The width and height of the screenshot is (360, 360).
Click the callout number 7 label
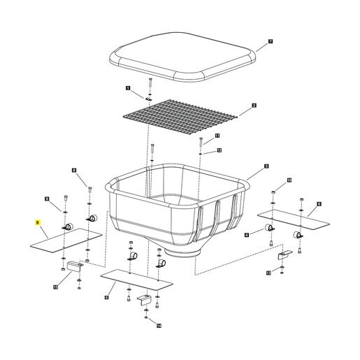(271, 41)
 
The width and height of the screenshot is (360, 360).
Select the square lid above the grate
(182, 57)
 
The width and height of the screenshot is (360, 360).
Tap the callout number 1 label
(128, 88)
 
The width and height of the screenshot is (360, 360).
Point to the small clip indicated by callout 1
(149, 99)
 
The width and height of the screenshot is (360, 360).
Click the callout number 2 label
(254, 106)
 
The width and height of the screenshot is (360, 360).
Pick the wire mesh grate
(180, 117)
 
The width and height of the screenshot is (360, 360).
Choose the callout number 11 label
(217, 136)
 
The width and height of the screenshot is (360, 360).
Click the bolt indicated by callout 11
(201, 143)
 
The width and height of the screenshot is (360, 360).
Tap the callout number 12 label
(219, 150)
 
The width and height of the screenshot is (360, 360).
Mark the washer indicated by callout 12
(201, 153)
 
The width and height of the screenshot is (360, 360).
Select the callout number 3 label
(266, 166)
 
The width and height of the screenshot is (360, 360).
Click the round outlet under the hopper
(182, 252)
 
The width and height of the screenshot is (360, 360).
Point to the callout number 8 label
(74, 171)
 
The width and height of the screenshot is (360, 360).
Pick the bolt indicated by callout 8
(90, 189)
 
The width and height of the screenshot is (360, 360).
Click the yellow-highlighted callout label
(37, 222)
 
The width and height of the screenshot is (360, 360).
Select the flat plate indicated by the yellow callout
(66, 240)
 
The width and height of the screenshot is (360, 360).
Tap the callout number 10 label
(289, 180)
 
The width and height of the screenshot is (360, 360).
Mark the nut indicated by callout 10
(273, 192)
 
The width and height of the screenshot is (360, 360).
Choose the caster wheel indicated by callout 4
(270, 228)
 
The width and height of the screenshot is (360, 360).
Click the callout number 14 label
(159, 326)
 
